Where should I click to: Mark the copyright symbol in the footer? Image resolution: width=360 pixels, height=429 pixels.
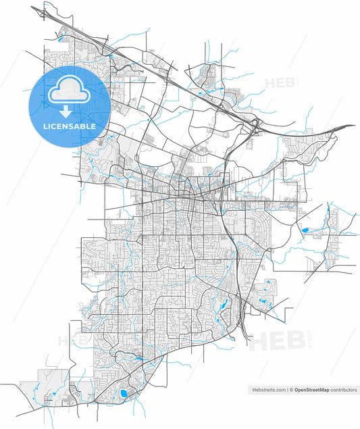click(292, 390)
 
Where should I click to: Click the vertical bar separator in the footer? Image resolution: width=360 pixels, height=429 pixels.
click(286, 390)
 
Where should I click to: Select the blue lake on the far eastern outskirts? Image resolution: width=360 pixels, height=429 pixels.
click(305, 230)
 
